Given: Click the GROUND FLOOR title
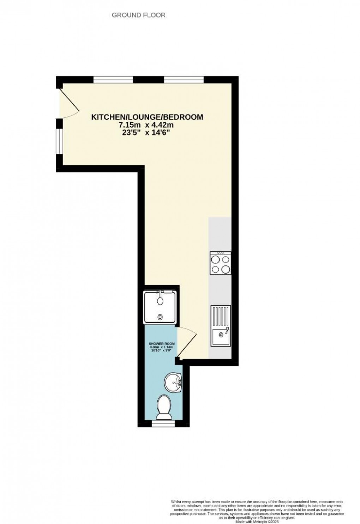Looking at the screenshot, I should [138, 15].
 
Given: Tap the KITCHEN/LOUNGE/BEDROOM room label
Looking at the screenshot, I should [147, 117].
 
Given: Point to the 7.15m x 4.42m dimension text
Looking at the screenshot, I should [147, 125].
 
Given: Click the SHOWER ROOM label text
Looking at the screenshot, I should [162, 343].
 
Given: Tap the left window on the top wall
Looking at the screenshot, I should [113, 80].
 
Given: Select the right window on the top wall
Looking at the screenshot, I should [184, 80].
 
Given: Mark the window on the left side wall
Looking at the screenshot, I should [60, 141].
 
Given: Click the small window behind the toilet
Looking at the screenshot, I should [163, 422].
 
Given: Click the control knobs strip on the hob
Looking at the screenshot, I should [221, 253].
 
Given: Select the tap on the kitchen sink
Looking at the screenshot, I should [226, 330].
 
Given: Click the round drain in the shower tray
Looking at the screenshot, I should [161, 317].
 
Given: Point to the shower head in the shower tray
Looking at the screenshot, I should [161, 300].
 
